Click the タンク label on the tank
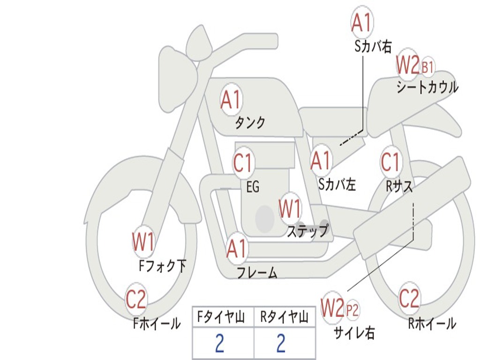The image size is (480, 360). pyautogui.click(x=250, y=123)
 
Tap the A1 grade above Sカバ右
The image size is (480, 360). pyautogui.click(x=361, y=22)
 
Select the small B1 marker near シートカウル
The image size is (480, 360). pyautogui.click(x=427, y=67)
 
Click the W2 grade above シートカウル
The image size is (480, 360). pyautogui.click(x=407, y=65)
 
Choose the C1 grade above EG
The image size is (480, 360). pyautogui.click(x=243, y=163)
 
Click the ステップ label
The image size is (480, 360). pyautogui.click(x=307, y=231)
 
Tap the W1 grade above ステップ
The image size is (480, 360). pyautogui.click(x=290, y=209)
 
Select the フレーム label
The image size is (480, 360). pyautogui.click(x=257, y=272)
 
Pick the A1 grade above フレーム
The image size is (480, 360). pyautogui.click(x=236, y=248)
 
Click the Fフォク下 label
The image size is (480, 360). pyautogui.click(x=162, y=266)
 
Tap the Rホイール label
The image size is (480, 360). pyautogui.click(x=432, y=323)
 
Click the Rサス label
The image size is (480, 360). pyautogui.click(x=399, y=186)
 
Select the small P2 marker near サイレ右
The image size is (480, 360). pyautogui.click(x=352, y=309)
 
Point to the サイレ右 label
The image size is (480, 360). pyautogui.click(x=354, y=333)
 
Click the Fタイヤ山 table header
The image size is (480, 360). pyautogui.click(x=223, y=318)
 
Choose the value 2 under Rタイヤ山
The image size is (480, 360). pyautogui.click(x=281, y=344)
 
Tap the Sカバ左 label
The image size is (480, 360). pyautogui.click(x=337, y=184)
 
